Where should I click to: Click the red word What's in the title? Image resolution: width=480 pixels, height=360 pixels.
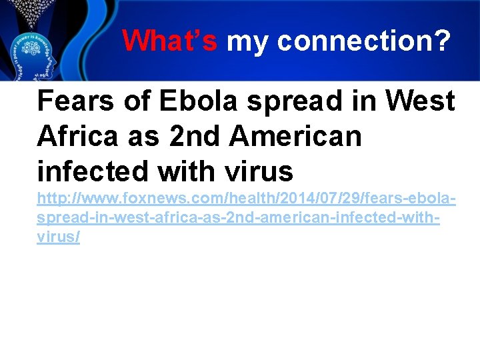[x=170, y=41]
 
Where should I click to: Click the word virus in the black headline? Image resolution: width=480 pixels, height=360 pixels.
[x=259, y=172]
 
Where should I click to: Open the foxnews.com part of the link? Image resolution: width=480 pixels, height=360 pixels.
[x=153, y=199]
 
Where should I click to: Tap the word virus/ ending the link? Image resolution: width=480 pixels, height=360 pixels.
[x=59, y=237]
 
